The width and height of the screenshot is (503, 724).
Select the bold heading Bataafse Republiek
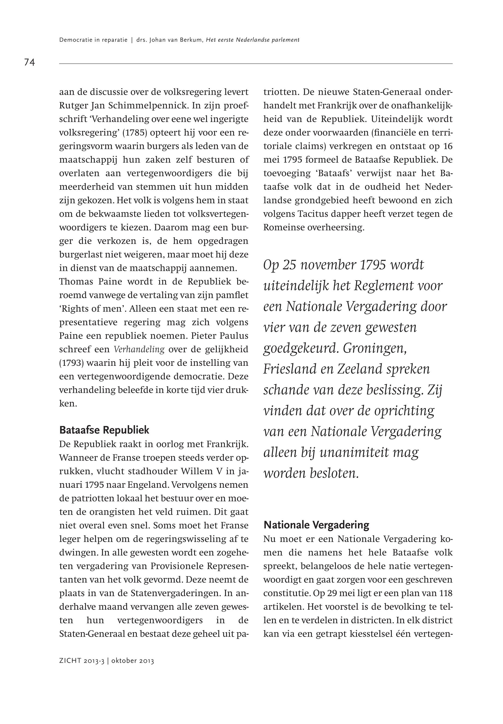coord(104,430)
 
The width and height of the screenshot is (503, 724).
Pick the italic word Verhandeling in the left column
coord(139,349)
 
